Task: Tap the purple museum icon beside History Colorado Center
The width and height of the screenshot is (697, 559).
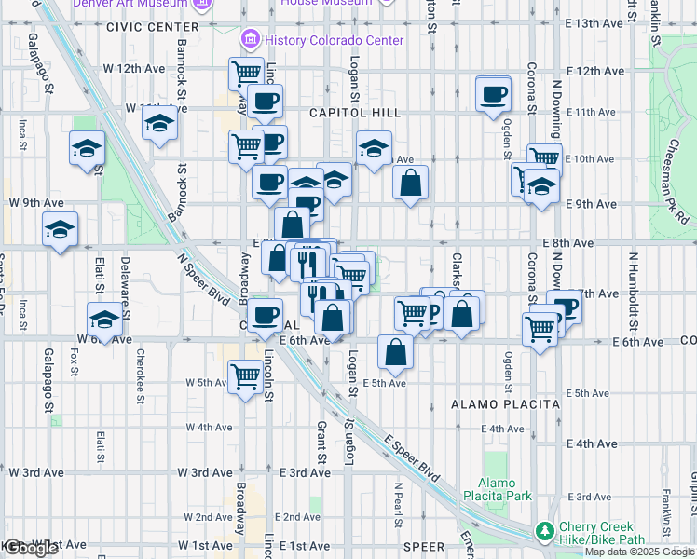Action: click(x=250, y=40)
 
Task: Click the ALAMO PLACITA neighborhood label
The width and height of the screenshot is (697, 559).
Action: click(x=505, y=404)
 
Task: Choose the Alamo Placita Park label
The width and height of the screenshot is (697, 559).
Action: click(x=505, y=489)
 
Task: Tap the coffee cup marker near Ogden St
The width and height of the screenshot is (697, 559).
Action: click(x=492, y=94)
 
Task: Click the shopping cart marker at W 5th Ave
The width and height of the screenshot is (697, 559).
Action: click(x=245, y=376)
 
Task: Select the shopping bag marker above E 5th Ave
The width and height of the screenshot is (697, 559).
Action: click(x=396, y=351)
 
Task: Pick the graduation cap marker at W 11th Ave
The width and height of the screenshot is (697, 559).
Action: click(x=160, y=124)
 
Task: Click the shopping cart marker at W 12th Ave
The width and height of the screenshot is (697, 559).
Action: click(x=246, y=72)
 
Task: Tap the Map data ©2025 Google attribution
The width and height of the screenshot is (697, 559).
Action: click(x=639, y=552)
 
